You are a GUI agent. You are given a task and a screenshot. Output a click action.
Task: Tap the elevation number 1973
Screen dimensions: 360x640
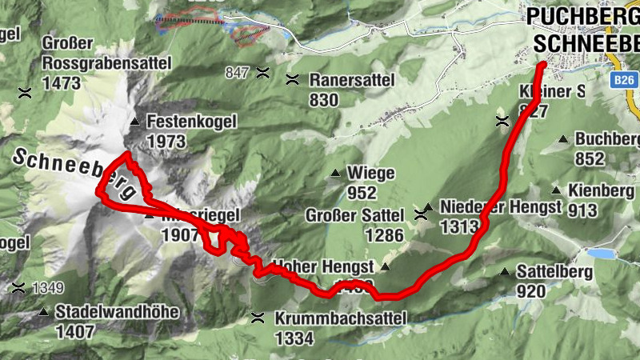coord(166,142)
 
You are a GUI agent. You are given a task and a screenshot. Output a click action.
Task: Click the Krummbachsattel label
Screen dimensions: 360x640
coord(340,318)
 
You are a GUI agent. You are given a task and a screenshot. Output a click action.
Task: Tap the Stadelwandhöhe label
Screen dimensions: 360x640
coord(117,312)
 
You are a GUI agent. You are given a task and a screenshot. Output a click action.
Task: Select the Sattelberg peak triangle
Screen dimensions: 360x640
coord(505,272)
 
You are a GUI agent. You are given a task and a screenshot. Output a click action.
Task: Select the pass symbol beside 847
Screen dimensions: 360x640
coord(262,74)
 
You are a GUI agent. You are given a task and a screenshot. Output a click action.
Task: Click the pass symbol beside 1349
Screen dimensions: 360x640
coord(17,287)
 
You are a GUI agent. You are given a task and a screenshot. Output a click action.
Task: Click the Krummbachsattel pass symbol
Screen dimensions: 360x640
coord(258,318)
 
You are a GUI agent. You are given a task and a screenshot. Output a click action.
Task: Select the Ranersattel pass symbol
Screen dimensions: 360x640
coord(293,79)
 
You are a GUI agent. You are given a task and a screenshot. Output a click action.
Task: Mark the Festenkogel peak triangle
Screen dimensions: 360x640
coord(134,122)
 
